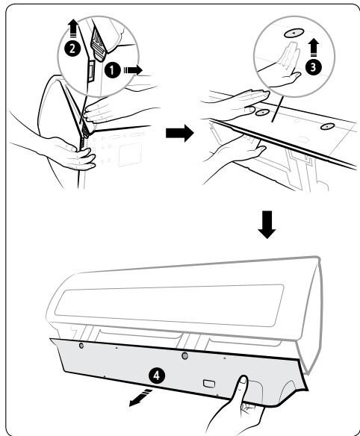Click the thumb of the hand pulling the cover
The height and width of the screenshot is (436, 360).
point(242,385)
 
